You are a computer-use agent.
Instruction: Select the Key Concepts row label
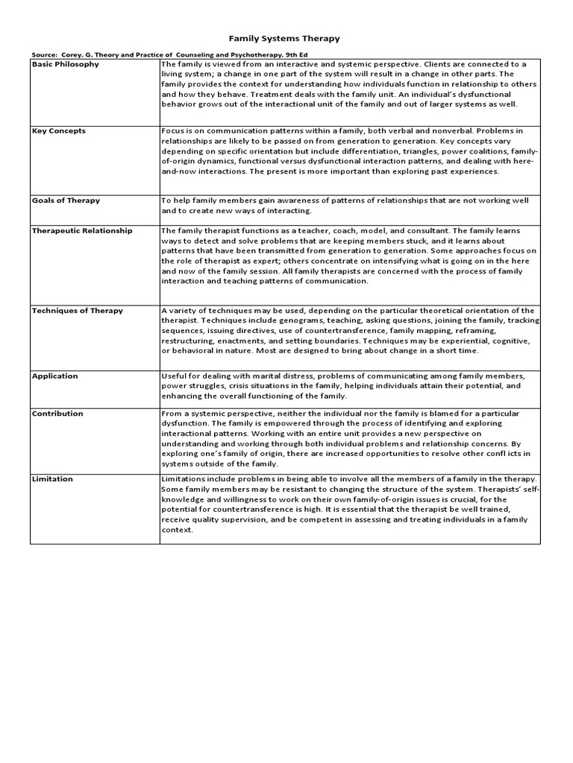(58, 130)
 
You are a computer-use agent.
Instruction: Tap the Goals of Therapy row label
(66, 200)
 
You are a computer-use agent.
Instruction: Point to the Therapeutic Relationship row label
(81, 231)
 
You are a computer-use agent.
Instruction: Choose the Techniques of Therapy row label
(77, 311)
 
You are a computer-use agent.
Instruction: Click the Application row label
(54, 376)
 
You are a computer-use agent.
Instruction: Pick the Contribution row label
(57, 414)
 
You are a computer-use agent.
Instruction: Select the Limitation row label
(52, 479)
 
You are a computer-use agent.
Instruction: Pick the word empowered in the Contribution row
(265, 423)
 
